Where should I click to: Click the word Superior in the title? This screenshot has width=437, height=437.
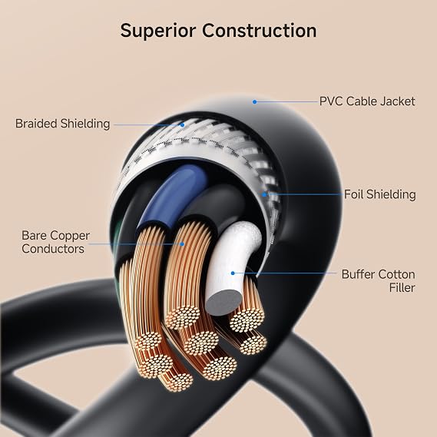tap(158, 31)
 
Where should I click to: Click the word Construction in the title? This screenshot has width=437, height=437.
tap(259, 31)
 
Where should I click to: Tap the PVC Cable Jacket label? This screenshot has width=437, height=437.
tap(367, 101)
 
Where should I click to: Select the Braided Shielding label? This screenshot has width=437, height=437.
tap(62, 124)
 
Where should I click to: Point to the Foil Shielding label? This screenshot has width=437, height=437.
tap(380, 194)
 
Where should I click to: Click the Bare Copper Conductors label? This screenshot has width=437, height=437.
tap(55, 242)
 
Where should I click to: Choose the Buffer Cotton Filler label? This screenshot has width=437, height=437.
tap(378, 281)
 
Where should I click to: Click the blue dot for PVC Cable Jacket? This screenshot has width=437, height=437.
tap(254, 102)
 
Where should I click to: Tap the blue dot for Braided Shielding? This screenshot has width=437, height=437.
tap(182, 125)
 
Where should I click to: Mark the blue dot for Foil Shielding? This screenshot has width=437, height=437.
tap(264, 194)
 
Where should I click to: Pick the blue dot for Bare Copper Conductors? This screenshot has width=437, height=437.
tap(182, 244)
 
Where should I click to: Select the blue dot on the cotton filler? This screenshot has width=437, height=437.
tap(233, 273)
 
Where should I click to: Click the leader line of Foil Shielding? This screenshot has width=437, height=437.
tap(304, 194)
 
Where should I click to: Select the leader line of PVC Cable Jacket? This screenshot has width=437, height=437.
tap(287, 102)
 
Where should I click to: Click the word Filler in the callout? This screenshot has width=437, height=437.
tap(402, 287)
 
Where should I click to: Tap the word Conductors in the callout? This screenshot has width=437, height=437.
tap(53, 249)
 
